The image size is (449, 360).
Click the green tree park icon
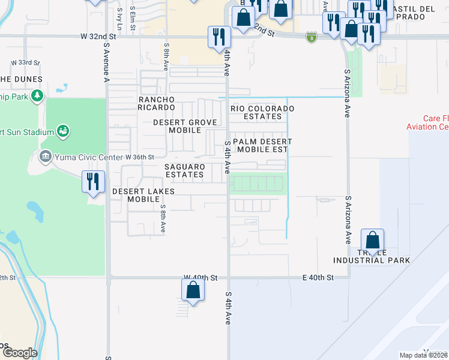37,95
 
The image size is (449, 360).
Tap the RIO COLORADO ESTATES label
263,112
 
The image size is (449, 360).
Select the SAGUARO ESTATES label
185,170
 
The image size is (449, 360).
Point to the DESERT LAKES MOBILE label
143,196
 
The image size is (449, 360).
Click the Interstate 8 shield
311,37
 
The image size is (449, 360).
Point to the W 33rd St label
25,62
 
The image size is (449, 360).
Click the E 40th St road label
318,277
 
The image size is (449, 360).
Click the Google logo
19,353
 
